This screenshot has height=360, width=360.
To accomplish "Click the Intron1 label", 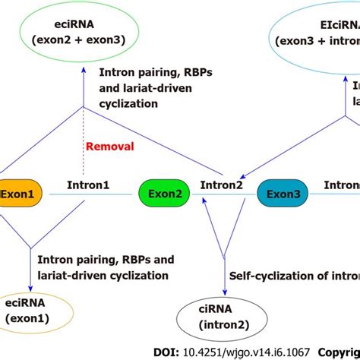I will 89,184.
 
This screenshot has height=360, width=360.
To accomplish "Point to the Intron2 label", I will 221,184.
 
